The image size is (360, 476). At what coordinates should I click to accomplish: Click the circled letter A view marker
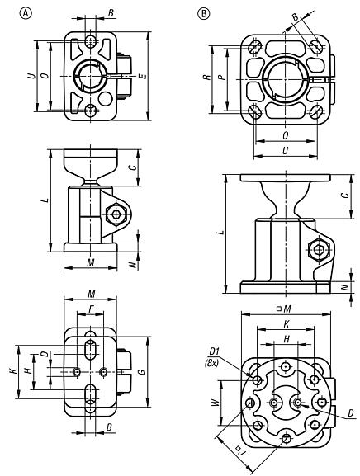pyautogui.click(x=11, y=14)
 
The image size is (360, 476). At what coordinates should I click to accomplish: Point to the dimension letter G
pyautogui.click(x=144, y=372)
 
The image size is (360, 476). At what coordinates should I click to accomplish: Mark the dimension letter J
pyautogui.click(x=237, y=451)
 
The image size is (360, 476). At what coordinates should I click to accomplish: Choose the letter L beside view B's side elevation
pyautogui.click(x=219, y=232)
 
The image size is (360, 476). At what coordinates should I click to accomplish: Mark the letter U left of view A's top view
pyautogui.click(x=30, y=75)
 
